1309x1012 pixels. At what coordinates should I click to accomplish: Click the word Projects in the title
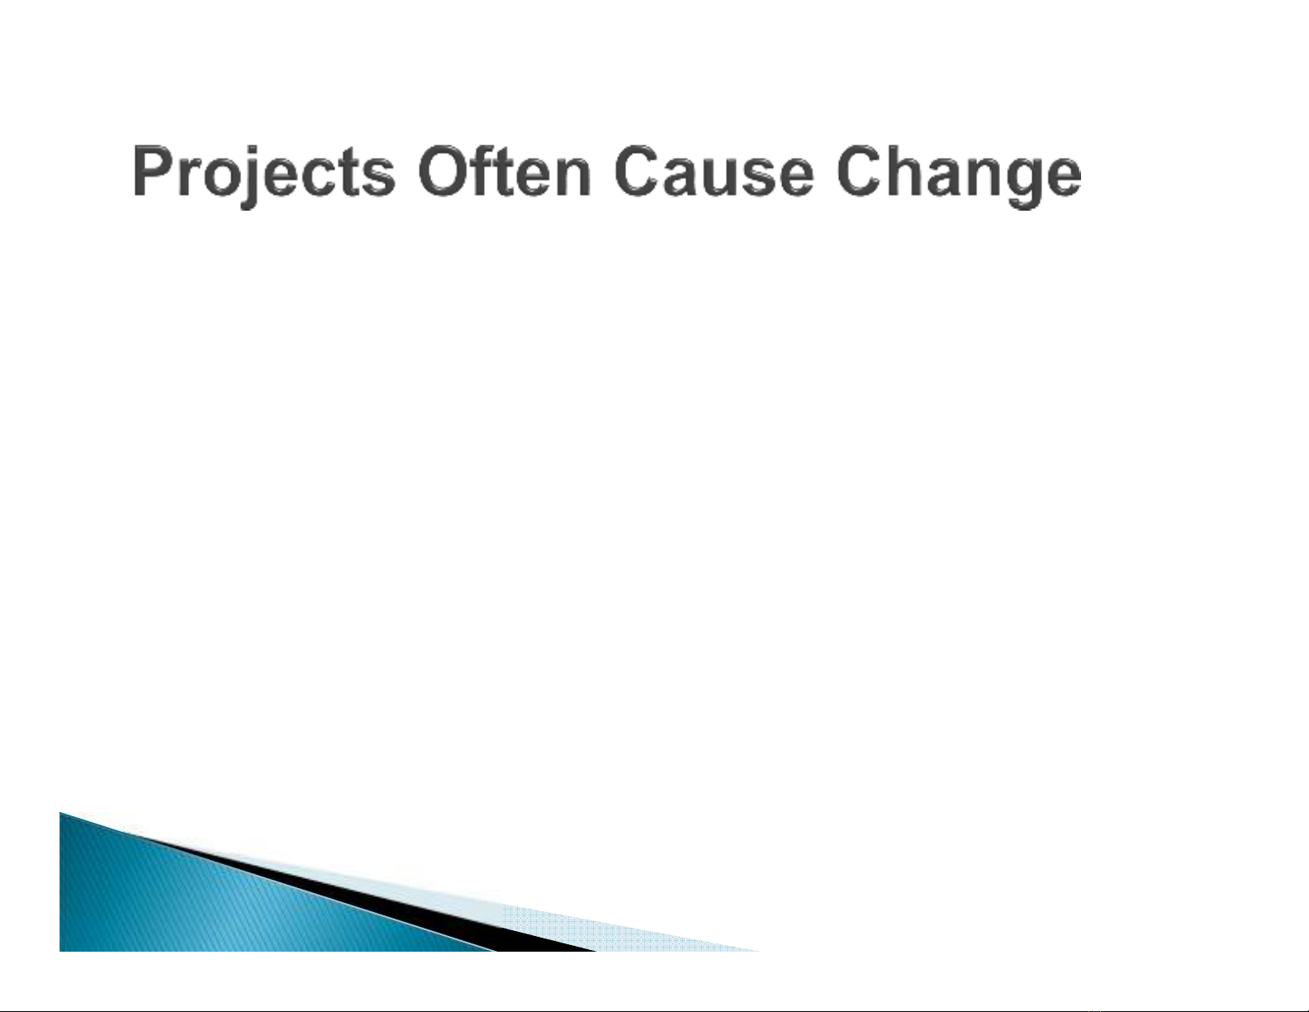(263, 173)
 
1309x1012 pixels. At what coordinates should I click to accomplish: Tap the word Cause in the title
(714, 171)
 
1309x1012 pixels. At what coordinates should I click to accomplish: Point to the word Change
(958, 174)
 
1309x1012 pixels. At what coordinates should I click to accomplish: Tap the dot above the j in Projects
(253, 150)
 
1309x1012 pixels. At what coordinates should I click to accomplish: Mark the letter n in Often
(571, 177)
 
